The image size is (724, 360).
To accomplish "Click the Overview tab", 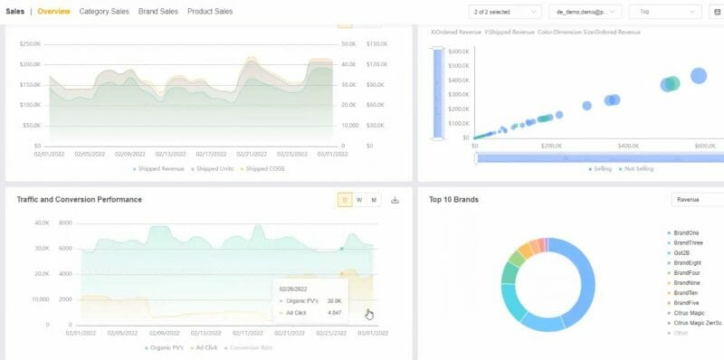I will click(x=54, y=12).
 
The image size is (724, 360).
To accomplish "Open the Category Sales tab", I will click(x=104, y=12).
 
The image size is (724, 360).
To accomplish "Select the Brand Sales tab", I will click(x=158, y=12).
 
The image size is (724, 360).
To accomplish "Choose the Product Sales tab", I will click(x=210, y=12).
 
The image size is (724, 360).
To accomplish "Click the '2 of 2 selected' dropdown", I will click(x=505, y=12).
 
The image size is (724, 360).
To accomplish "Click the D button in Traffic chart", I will click(x=345, y=200).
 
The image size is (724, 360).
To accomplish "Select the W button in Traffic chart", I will click(x=359, y=200).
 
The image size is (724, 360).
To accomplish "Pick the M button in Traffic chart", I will click(x=374, y=200).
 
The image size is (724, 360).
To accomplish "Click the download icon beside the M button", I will click(x=395, y=200).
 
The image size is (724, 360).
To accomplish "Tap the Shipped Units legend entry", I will click(x=213, y=168).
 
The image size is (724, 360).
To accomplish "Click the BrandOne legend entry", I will click(x=687, y=233).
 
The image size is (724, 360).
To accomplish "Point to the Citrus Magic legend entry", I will click(x=690, y=312).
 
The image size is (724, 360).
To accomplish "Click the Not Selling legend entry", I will click(x=641, y=168).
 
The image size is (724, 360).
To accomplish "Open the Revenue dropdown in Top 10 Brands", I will click(x=697, y=199).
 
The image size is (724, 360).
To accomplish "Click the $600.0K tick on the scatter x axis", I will click(x=705, y=145).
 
